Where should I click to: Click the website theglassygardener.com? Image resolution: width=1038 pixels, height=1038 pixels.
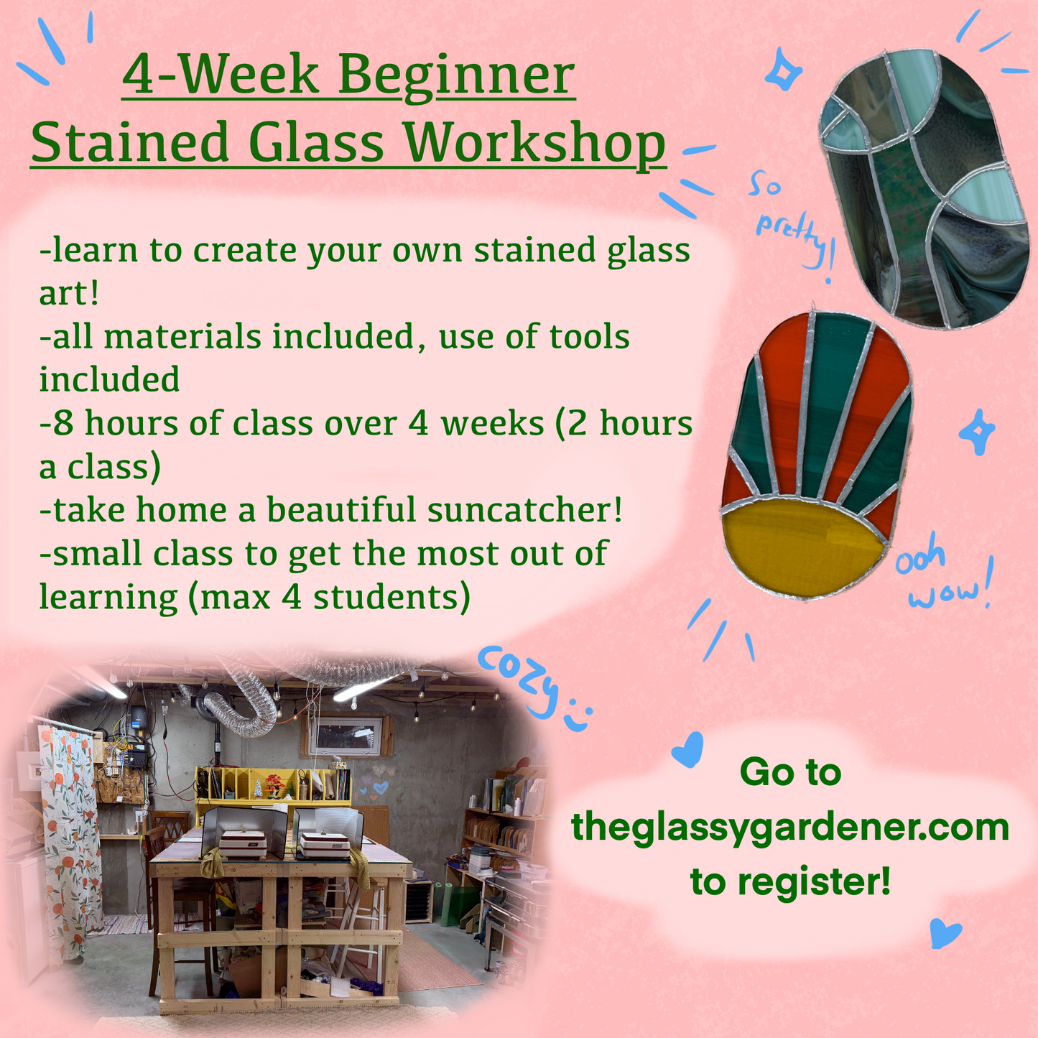tap(790, 827)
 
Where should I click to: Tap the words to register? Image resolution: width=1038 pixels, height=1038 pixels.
tap(790, 881)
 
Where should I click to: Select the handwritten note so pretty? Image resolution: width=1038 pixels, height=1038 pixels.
tap(790, 219)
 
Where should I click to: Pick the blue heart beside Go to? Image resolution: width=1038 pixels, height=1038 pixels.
tap(687, 749)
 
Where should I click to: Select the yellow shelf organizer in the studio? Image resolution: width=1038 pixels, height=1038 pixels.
tap(273, 787)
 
